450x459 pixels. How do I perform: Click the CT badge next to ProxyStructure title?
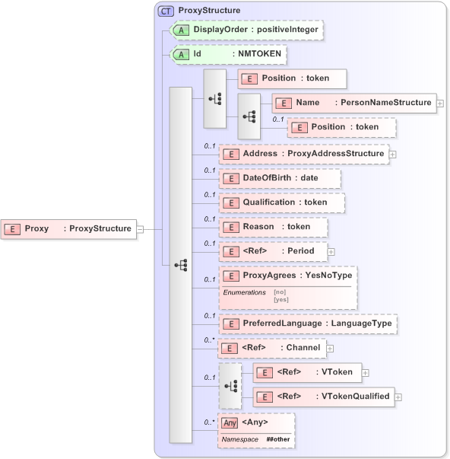165,11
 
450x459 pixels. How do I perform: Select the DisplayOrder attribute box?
246,30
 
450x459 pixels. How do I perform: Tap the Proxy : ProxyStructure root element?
69,228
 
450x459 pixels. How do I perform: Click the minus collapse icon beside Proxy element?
140,228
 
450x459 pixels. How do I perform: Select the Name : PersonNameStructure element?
354,102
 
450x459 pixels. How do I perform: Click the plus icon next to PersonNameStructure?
440,102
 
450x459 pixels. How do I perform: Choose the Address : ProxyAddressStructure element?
303,153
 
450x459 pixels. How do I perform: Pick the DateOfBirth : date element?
280,177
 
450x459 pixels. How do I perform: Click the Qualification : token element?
281,202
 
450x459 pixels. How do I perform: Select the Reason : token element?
273,227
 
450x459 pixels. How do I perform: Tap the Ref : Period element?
272,250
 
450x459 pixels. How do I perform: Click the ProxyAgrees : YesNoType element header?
287,276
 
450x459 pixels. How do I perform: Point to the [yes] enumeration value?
280,299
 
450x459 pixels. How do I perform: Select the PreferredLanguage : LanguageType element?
308,324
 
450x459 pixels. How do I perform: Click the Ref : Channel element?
271,348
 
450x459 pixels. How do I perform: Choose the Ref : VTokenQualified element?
323,396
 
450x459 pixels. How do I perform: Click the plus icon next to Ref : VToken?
366,372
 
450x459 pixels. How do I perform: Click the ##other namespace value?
278,440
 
